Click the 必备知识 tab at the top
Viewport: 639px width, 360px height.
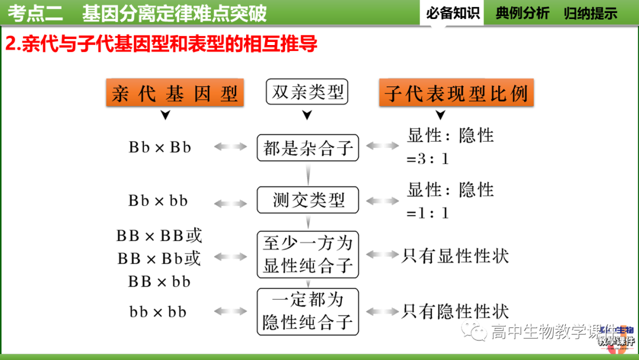pos(453,13)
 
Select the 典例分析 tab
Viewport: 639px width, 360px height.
pos(522,13)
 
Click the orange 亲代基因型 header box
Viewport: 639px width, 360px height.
pos(174,93)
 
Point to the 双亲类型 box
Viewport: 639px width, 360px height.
pos(307,92)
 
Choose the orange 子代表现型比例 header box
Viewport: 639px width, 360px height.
pos(456,93)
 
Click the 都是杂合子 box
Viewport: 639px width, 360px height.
pos(308,147)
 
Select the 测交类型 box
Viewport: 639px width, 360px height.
pos(308,200)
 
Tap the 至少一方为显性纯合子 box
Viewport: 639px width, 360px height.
pos(308,254)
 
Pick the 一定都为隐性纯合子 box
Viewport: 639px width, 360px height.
pos(308,311)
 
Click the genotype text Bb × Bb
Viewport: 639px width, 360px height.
pos(160,147)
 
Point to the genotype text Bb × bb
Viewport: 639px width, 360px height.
pos(158,201)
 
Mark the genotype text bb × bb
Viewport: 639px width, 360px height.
pos(157,311)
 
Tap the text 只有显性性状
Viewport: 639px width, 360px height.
pos(455,256)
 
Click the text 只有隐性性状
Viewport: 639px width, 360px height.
pos(455,311)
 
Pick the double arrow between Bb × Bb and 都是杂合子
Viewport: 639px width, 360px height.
pos(230,147)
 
